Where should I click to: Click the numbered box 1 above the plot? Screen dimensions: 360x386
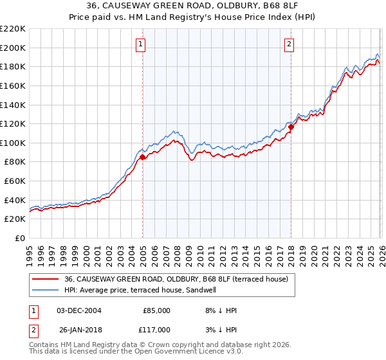click(140, 44)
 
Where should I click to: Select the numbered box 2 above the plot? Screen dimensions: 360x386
click(289, 44)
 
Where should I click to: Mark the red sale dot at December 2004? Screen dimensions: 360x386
click(142, 157)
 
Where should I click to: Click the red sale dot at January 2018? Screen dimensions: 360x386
click(291, 127)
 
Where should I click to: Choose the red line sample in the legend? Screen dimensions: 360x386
click(46, 279)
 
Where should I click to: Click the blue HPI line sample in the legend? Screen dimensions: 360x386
click(46, 290)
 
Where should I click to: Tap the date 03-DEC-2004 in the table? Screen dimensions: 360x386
click(78, 310)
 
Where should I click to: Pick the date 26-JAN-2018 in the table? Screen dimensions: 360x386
click(78, 329)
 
